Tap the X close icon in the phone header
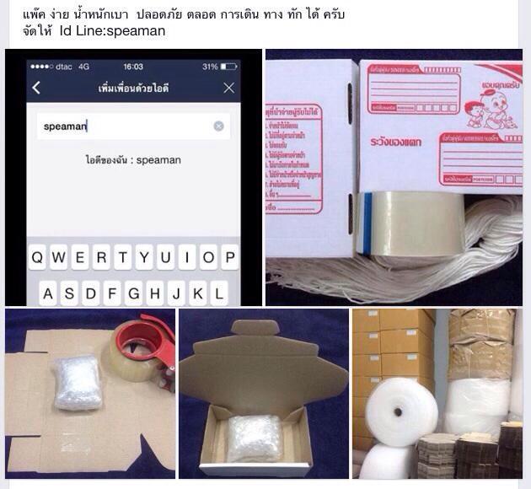click(x=228, y=88)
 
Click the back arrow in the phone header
click(x=36, y=88)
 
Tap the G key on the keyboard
click(x=134, y=294)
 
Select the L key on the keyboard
click(x=219, y=294)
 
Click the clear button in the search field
click(x=218, y=126)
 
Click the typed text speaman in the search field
click(x=66, y=126)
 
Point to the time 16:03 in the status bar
click(x=133, y=67)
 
